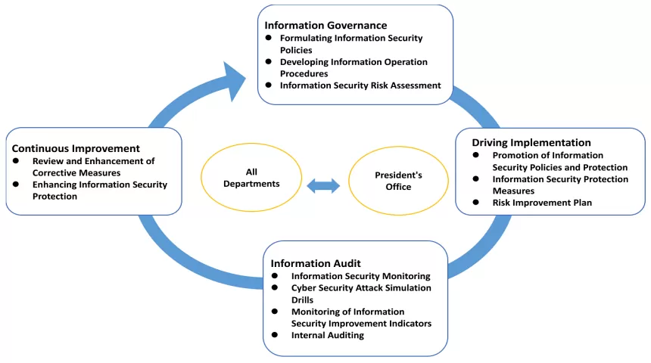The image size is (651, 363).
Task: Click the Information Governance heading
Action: click(325, 25)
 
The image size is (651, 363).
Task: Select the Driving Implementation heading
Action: click(531, 142)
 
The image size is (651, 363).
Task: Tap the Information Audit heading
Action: click(316, 263)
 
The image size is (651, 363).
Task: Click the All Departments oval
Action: click(251, 178)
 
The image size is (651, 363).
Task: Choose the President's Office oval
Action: click(398, 180)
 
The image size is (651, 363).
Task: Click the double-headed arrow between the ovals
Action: click(324, 185)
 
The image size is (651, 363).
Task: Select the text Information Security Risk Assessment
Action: click(360, 85)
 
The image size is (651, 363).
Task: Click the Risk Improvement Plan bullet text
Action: click(542, 203)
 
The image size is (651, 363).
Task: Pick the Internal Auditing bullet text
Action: click(327, 335)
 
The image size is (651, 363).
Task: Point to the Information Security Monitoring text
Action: click(360, 276)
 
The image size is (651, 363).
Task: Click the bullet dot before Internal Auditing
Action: click(276, 335)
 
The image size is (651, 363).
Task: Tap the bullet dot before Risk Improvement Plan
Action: click(475, 203)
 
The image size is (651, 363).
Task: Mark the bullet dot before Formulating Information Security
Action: click(268, 38)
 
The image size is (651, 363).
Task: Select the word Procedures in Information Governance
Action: click(304, 73)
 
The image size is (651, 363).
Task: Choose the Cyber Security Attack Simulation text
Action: click(361, 288)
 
